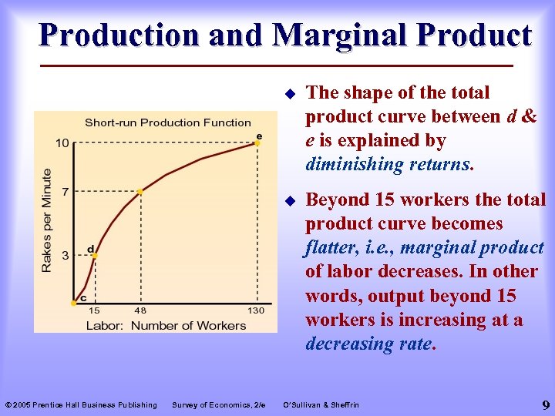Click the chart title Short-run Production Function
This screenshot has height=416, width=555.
tap(167, 122)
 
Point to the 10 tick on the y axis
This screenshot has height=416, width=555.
tap(61, 143)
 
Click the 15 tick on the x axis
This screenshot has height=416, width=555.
tap(94, 310)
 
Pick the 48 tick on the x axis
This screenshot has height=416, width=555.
tap(140, 310)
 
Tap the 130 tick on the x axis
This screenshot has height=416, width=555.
tap(255, 310)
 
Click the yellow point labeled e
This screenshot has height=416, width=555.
tap(259, 143)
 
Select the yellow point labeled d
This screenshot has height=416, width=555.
tap(94, 255)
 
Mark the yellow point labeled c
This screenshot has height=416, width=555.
tap(74, 303)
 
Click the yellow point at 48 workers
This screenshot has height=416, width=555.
tap(140, 190)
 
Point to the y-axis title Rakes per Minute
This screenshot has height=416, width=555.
tap(47, 220)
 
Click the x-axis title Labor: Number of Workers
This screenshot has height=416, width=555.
tap(165, 325)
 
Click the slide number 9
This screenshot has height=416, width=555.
tap(545, 404)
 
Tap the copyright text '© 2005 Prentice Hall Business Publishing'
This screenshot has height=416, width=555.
tap(81, 404)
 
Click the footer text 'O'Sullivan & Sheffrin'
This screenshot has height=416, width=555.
tap(321, 404)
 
